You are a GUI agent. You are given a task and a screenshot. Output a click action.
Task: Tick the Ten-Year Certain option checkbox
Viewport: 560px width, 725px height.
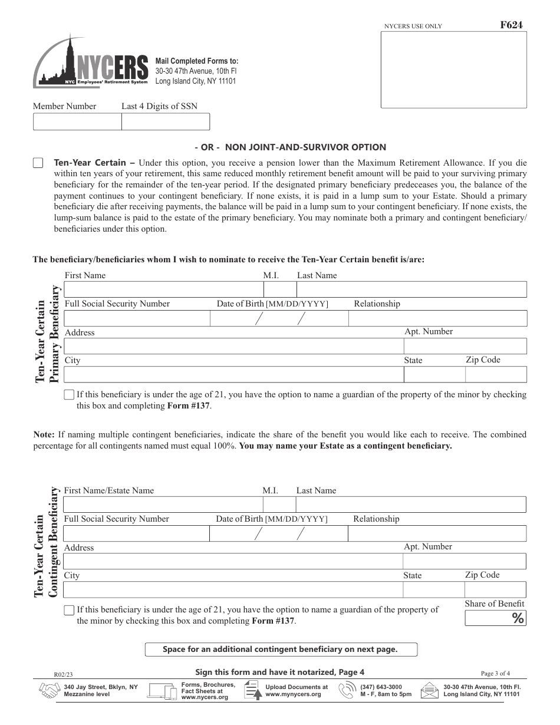point(38,163)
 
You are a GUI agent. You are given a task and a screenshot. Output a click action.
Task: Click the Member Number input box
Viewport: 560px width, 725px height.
point(77,121)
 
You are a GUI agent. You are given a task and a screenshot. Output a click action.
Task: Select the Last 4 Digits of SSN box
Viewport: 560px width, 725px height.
point(165,121)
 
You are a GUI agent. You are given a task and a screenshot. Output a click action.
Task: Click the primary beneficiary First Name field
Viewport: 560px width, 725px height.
point(164,289)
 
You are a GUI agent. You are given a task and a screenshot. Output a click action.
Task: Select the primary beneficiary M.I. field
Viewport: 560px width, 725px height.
point(280,289)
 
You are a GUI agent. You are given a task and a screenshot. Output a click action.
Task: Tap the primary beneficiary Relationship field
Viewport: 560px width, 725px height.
point(437,318)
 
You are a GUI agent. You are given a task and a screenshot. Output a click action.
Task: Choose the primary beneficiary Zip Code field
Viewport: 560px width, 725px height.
point(495,374)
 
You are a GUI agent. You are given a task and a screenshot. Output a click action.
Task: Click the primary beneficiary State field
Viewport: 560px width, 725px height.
point(434,374)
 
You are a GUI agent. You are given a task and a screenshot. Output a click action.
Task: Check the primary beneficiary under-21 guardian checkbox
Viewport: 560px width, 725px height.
point(69,395)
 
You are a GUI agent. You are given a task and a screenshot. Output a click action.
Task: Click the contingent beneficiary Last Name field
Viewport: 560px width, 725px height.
point(410,505)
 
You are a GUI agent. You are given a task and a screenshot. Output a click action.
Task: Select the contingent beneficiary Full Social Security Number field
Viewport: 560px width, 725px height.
point(136,533)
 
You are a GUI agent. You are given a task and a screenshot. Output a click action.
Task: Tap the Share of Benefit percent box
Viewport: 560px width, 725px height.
point(495,618)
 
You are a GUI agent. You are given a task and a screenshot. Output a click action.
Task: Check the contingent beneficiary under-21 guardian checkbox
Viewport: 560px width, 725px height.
point(69,610)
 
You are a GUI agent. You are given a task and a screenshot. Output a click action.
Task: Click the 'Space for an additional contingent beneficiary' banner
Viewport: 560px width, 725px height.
point(281,650)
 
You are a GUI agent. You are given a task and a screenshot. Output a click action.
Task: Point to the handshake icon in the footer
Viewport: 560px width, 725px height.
point(48,691)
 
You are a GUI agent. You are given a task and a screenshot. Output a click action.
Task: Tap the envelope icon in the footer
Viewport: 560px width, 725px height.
point(430,691)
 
